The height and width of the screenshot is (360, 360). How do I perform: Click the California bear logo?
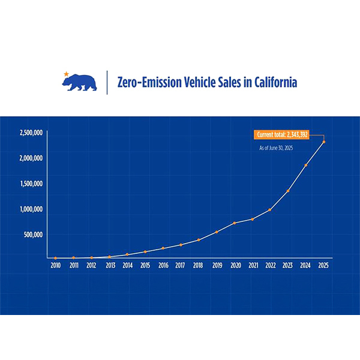pyautogui.click(x=80, y=83)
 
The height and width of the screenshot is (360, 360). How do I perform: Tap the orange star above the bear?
pyautogui.click(x=66, y=74)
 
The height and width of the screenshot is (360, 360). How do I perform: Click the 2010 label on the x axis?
pyautogui.click(x=55, y=265)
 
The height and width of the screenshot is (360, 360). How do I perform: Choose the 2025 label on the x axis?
pyautogui.click(x=323, y=265)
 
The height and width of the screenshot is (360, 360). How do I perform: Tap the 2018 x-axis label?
pyautogui.click(x=198, y=265)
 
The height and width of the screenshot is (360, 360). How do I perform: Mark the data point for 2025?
pyautogui.click(x=324, y=142)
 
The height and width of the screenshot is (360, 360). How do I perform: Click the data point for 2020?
pyautogui.click(x=234, y=223)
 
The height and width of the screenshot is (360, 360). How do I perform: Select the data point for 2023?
pyautogui.click(x=288, y=191)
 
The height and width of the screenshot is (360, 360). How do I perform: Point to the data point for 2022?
pyautogui.click(x=270, y=209)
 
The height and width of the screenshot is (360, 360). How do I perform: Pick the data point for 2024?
pyautogui.click(x=306, y=165)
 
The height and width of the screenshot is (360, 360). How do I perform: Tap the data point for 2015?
pyautogui.click(x=145, y=251)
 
